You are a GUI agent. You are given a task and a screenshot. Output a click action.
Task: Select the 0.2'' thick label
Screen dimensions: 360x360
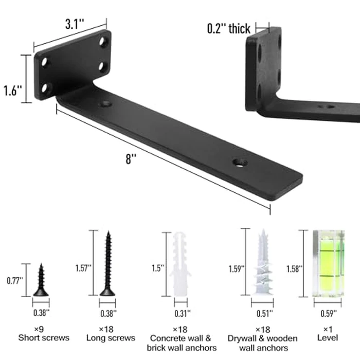[x=229, y=29]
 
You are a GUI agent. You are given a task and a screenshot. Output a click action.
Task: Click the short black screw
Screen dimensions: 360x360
[x=41, y=280]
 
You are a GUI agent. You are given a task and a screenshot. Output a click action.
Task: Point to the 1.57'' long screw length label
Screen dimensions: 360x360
[x=82, y=267]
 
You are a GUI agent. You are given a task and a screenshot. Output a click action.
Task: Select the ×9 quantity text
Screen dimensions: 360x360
[x=44, y=329]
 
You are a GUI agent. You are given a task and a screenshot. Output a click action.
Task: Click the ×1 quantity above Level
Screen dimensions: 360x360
[x=327, y=329]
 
